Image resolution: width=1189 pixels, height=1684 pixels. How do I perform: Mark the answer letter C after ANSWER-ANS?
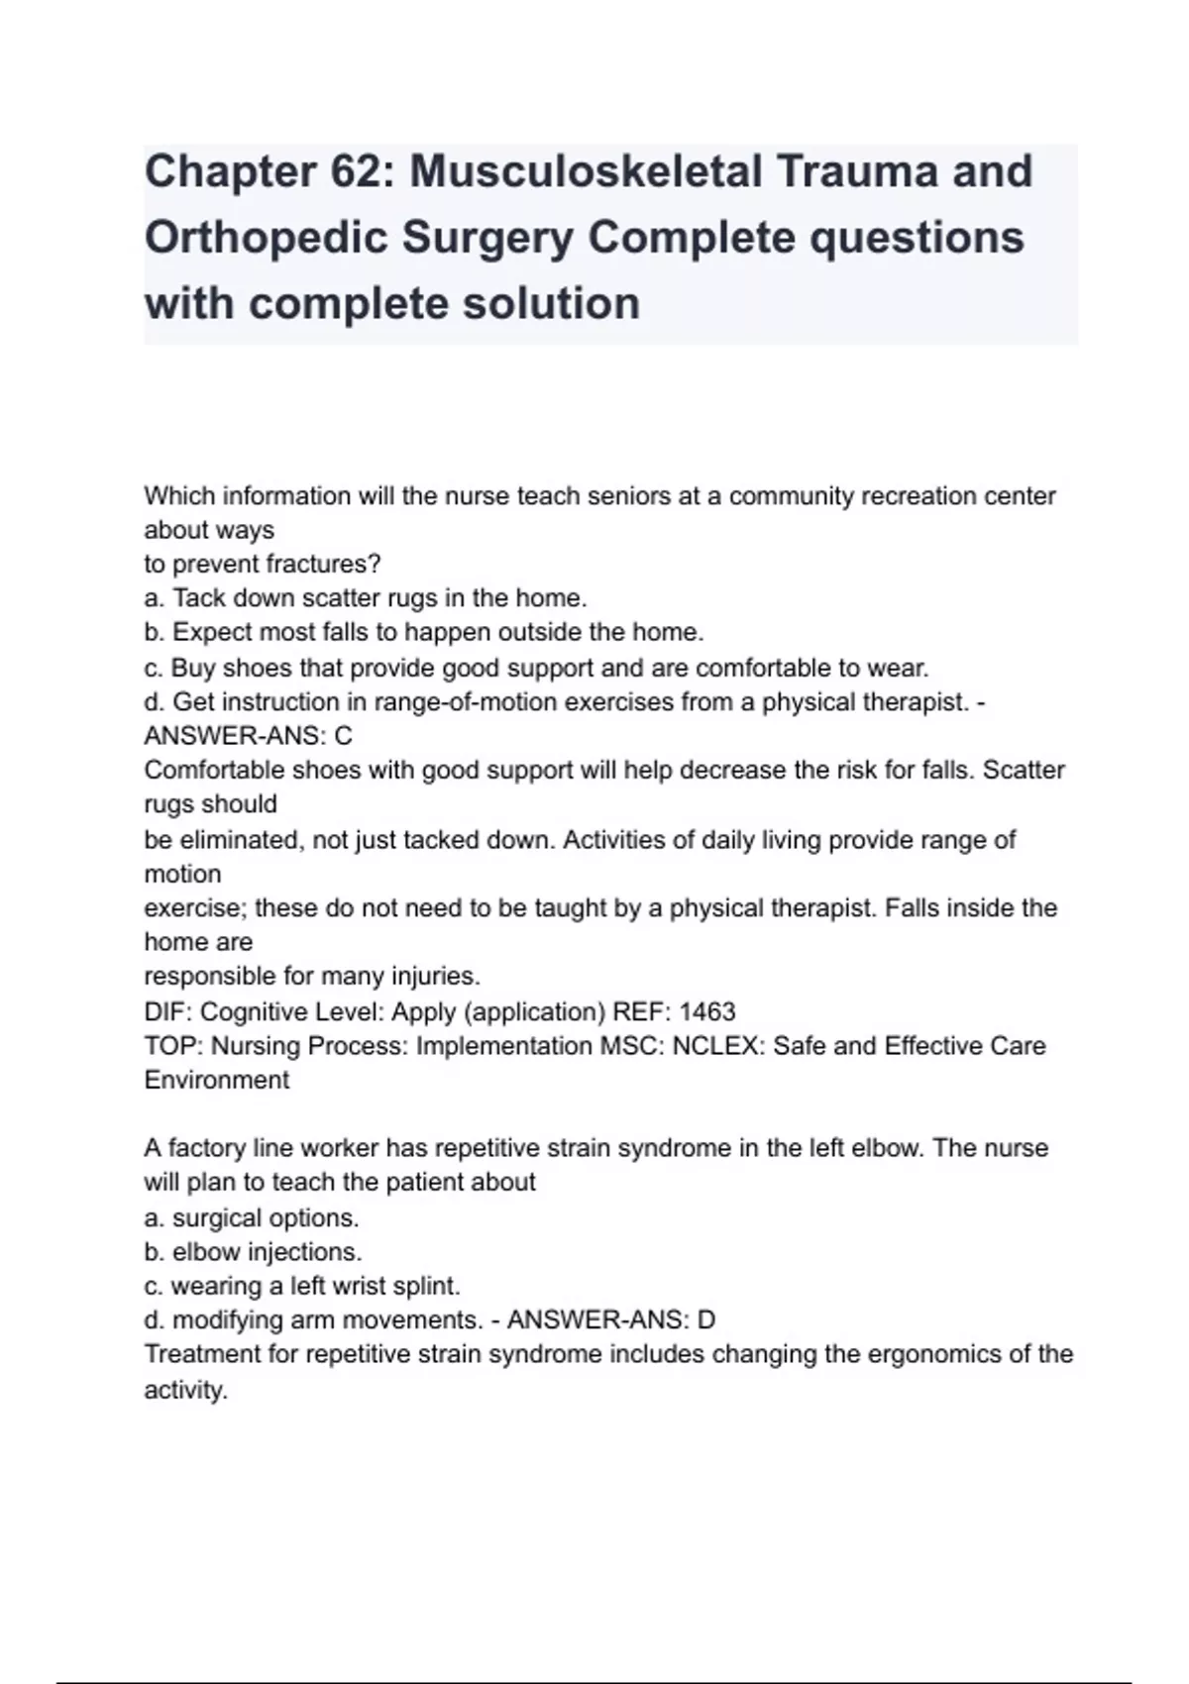pyautogui.click(x=344, y=736)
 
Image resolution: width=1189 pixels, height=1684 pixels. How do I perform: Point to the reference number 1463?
pyautogui.click(x=707, y=1011)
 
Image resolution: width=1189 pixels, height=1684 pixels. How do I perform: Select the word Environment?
pyautogui.click(x=217, y=1080)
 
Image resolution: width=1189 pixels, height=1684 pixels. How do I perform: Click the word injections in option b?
pyautogui.click(x=305, y=1252)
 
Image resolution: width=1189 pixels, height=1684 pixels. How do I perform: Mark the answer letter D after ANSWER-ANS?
pyautogui.click(x=706, y=1320)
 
